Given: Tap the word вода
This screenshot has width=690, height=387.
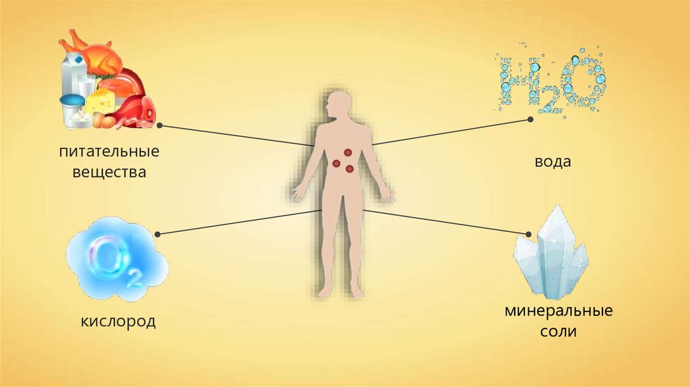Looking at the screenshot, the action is point(553,162).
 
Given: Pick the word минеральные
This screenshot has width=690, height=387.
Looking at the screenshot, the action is point(558,312).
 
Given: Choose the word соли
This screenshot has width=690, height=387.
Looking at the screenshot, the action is point(558,333).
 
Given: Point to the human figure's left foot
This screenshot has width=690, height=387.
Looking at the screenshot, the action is point(356,291).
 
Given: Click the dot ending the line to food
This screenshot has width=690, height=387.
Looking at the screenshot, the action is point(159,125).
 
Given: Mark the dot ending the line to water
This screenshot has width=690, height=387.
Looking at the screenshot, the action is point(530,119).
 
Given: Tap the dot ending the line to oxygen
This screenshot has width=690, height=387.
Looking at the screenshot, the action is point(158,234).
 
